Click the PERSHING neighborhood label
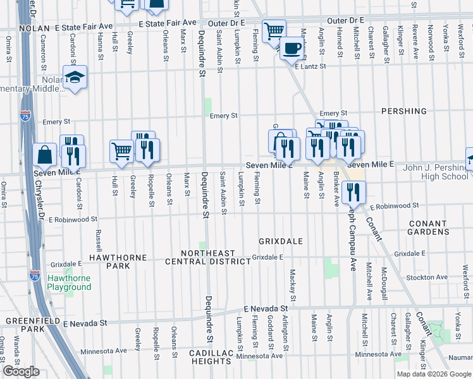coord(404,111)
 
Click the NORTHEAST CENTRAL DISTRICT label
coord(208,257)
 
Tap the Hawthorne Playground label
coord(70,282)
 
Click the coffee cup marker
coord(292,48)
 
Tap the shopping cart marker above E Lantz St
coord(274,30)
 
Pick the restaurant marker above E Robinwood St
coord(353,192)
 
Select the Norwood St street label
coord(431,35)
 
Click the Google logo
coord(21,371)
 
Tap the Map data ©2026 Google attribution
coord(433,374)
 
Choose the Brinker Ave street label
coord(336,186)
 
